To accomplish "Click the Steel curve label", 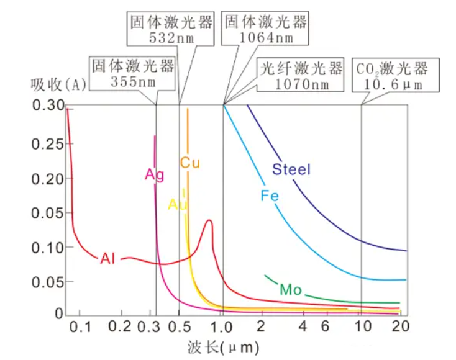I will pos(291,169).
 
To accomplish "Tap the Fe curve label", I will pos(268,196).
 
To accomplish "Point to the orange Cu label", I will pos(189,163).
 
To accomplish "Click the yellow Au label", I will pos(177,204).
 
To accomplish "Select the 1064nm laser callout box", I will pos(265,29).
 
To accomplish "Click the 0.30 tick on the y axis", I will pos(47,106).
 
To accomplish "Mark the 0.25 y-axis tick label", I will pos(47,144).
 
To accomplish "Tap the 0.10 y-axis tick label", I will pos(47,247).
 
